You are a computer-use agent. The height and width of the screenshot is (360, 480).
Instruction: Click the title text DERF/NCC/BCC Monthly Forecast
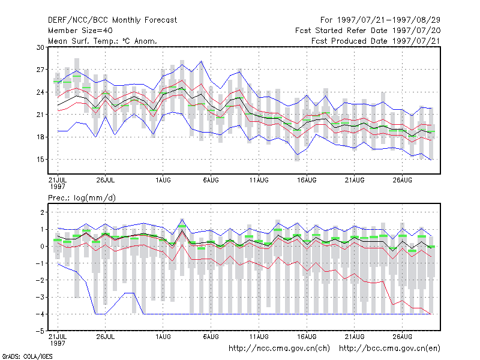pyautogui.click(x=112, y=20)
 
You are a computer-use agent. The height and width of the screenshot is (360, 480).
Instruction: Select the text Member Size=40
pyautogui.click(x=80, y=31)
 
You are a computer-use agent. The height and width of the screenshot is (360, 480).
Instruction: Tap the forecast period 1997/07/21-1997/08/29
pyautogui.click(x=388, y=20)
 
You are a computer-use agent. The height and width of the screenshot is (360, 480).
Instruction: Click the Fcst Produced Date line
pyautogui.click(x=376, y=41)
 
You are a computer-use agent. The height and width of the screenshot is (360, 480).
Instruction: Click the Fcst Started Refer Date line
pyautogui.click(x=368, y=31)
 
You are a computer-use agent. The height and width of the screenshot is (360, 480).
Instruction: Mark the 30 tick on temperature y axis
pyautogui.click(x=40, y=47)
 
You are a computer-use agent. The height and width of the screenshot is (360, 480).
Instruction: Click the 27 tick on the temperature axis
pyautogui.click(x=40, y=70)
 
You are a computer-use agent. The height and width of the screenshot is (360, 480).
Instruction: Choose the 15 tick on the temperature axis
pyautogui.click(x=40, y=160)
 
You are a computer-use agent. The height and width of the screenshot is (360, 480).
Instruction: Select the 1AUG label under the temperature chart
pyautogui.click(x=163, y=180)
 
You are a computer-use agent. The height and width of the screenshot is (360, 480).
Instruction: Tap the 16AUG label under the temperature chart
pyautogui.click(x=307, y=180)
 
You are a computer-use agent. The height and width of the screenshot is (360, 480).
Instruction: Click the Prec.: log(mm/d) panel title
pyautogui.click(x=82, y=198)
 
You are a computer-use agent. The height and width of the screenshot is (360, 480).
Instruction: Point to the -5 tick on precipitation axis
pyautogui.click(x=40, y=331)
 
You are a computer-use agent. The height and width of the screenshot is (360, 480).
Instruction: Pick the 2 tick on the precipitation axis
pyautogui.click(x=42, y=212)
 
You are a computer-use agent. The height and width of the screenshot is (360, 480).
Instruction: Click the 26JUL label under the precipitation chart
pyautogui.click(x=106, y=337)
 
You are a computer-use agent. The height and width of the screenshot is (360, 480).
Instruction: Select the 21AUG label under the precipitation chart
pyautogui.click(x=355, y=337)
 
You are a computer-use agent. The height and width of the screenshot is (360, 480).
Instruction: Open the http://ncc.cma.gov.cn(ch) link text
pyautogui.click(x=279, y=349)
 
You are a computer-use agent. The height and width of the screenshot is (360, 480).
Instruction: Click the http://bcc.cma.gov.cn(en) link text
pyautogui.click(x=389, y=349)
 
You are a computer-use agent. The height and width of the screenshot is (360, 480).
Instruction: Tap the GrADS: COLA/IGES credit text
pyautogui.click(x=27, y=356)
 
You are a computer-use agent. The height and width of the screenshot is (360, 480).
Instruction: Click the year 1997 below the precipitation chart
pyautogui.click(x=58, y=343)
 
